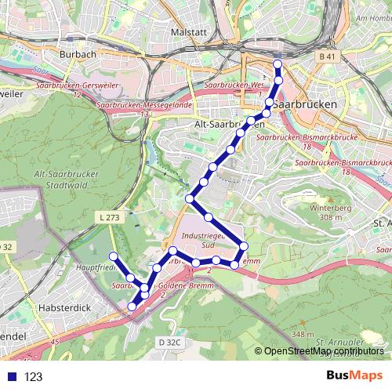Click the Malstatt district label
[x=187, y=32]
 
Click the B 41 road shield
[x=328, y=57]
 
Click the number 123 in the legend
[x=33, y=376]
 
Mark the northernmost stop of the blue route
[x=277, y=65]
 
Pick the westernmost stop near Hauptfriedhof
[x=113, y=256]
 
